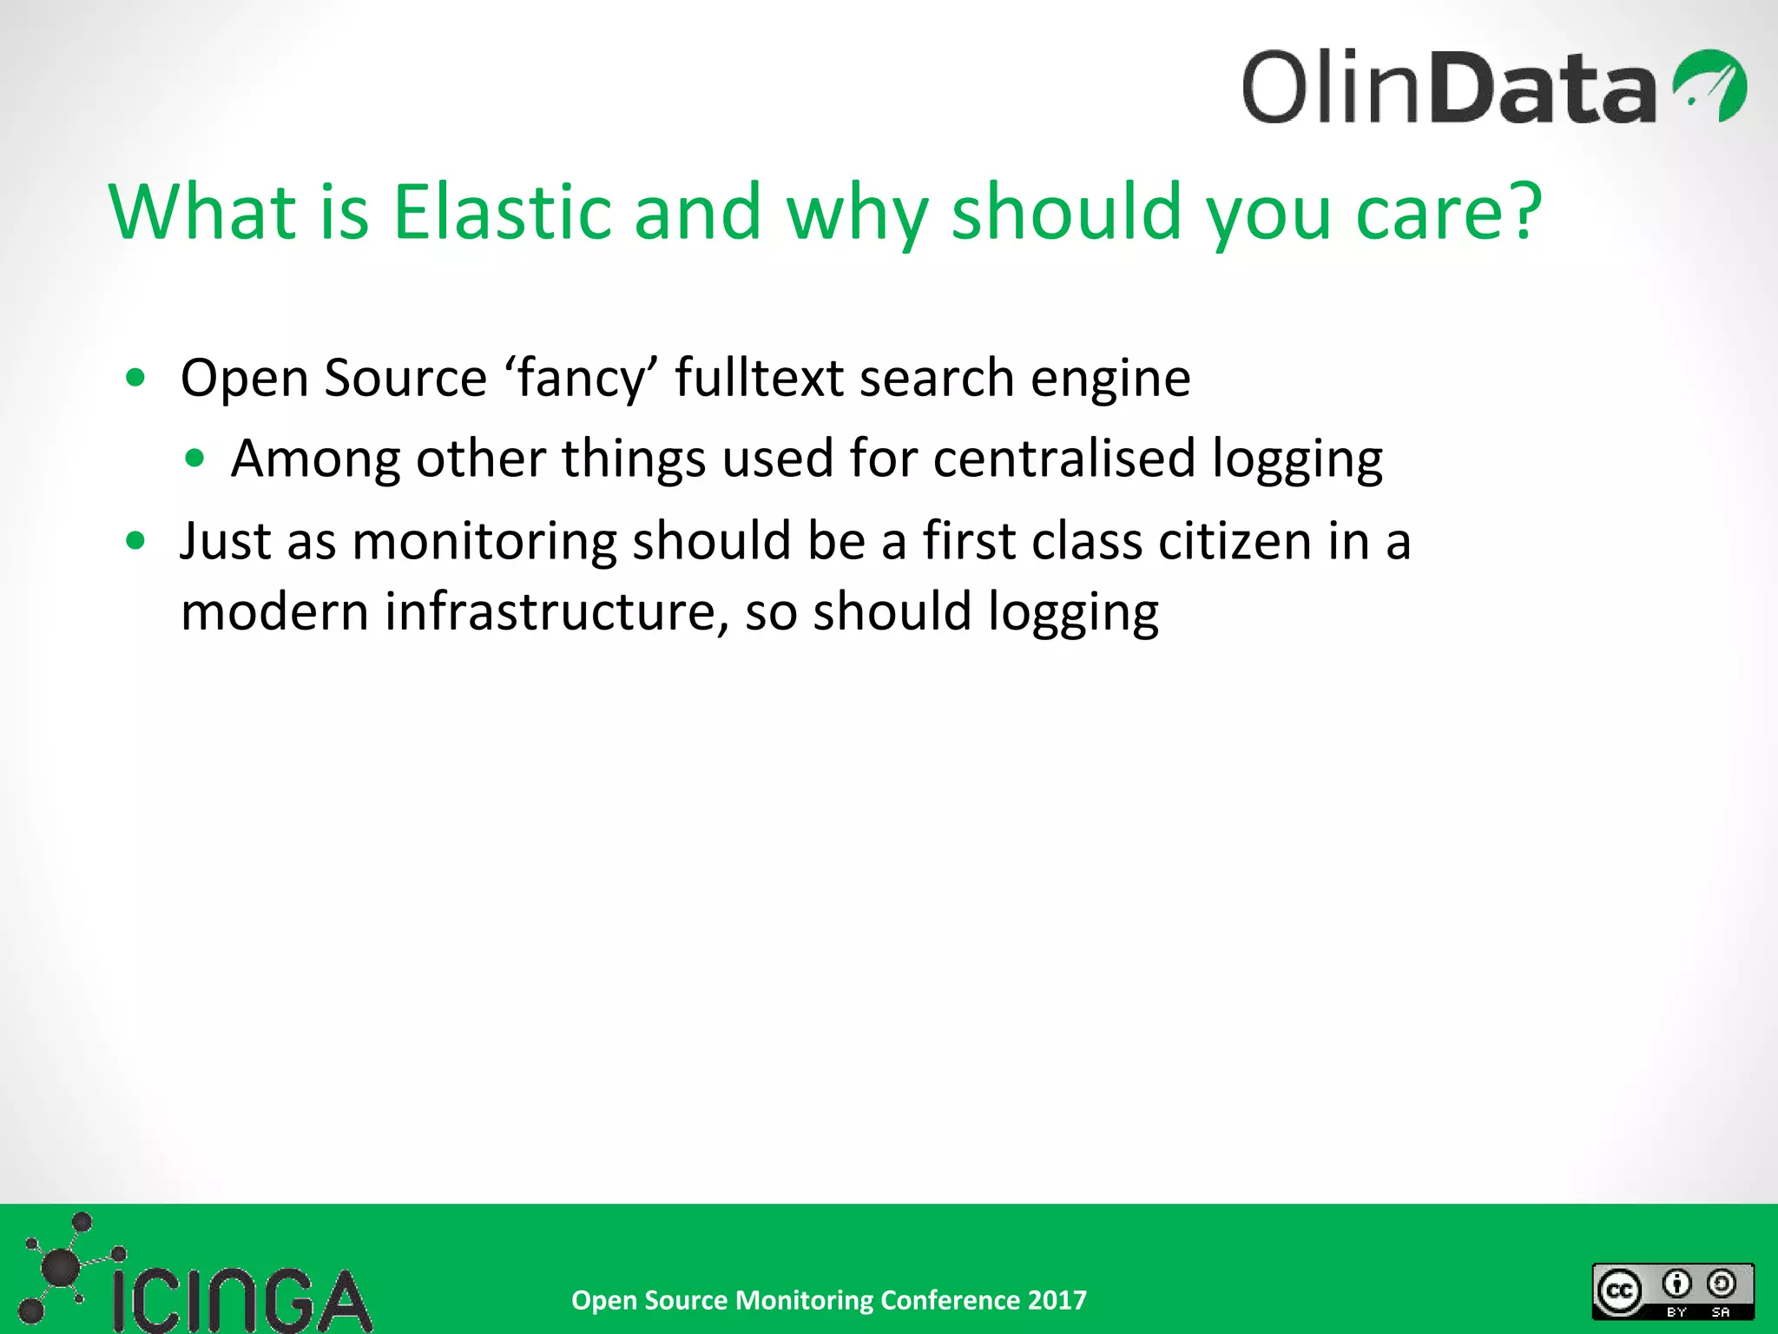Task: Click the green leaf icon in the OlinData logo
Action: [1709, 86]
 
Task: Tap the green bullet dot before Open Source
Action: [135, 378]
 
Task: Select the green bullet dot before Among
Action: [195, 458]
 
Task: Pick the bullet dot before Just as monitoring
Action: [135, 541]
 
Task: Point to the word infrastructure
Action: [550, 611]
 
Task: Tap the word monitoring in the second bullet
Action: [484, 541]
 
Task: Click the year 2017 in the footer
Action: [1057, 1300]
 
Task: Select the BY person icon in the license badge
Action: [1676, 1284]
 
